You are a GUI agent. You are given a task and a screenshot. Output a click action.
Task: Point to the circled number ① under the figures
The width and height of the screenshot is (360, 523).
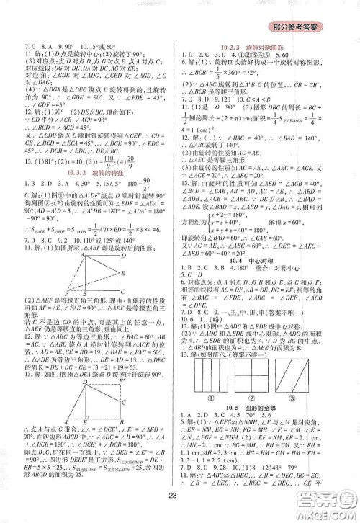pyautogui.click(x=212, y=394)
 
